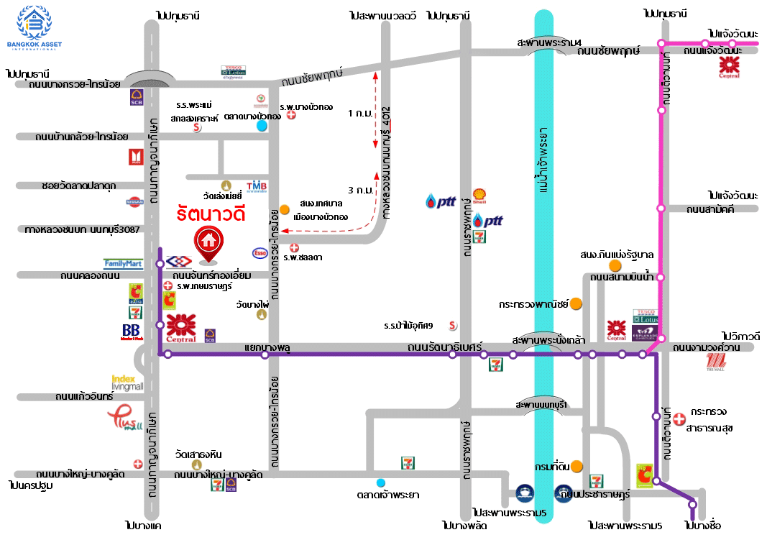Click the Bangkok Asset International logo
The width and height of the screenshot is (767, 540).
coord(35,27)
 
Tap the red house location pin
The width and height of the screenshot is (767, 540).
coord(208,244)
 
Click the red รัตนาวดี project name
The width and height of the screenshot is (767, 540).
coord(211,214)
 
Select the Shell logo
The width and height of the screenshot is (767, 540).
coord(479,196)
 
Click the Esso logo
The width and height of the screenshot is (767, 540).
coord(259,252)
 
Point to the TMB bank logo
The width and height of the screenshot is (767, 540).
coord(257,187)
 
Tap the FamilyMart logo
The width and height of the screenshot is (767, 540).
coord(124,264)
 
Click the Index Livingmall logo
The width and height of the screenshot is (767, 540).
coord(127,383)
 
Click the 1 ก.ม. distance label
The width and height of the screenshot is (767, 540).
coord(359,114)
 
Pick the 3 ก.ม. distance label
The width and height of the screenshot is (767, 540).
coord(359,191)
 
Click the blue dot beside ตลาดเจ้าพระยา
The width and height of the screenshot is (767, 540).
coord(380,482)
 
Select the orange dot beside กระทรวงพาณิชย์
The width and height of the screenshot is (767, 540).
coord(576,304)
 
